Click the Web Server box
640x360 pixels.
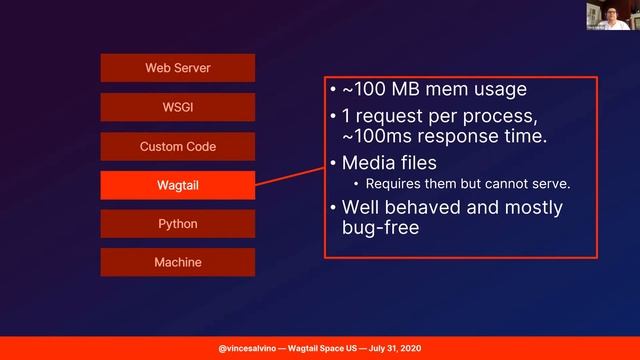coord(177,68)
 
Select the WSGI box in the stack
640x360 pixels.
coord(177,107)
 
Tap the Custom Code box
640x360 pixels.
coord(177,146)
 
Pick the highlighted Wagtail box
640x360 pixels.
coord(177,185)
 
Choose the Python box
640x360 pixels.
coord(177,224)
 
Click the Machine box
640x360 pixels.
coord(177,262)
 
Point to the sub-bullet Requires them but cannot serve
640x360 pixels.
coord(454,184)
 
